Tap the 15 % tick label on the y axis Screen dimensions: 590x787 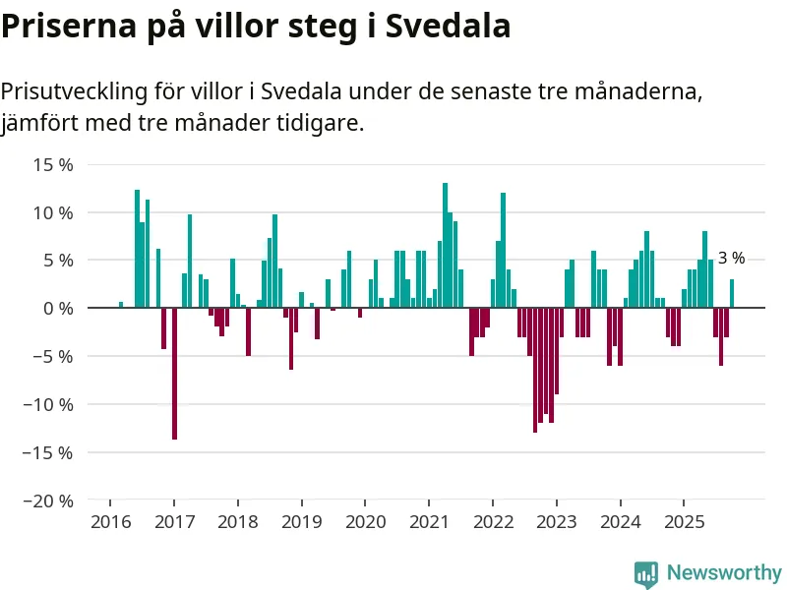point(53,164)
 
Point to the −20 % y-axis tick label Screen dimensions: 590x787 point(48,501)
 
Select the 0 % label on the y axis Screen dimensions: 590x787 point(57,309)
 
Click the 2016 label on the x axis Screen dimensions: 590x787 point(110,521)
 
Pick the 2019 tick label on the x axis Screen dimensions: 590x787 point(301,521)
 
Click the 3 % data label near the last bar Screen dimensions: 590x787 point(731,259)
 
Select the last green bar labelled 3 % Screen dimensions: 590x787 point(732,294)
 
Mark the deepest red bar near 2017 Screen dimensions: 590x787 point(174,374)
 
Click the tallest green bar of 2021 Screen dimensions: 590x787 point(445,246)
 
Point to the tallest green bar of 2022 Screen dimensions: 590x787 point(503,251)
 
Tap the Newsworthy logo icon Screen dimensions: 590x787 point(645,573)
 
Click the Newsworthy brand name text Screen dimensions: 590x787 point(724,572)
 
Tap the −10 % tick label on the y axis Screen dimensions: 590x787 point(48,404)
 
